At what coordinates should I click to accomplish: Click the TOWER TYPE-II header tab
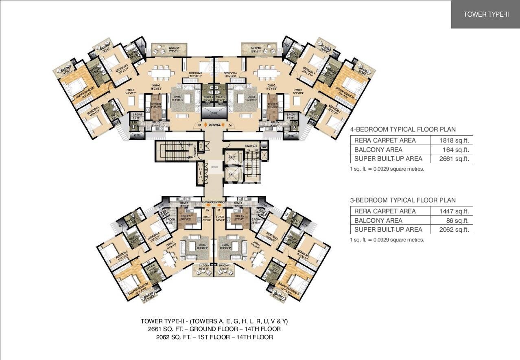[486, 14]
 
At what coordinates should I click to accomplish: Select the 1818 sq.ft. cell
[452, 140]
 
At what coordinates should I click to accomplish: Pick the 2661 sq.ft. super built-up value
[452, 158]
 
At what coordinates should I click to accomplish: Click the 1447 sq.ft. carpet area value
[452, 211]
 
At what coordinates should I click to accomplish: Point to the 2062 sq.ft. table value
[452, 229]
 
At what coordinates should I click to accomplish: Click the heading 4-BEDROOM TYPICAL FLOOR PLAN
[403, 130]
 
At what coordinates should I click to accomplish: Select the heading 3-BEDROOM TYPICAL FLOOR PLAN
[403, 200]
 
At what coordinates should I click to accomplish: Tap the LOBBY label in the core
[214, 167]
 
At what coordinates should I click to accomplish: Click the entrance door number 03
[200, 125]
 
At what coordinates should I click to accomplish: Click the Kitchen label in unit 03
[156, 104]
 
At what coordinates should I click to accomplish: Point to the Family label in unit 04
[298, 90]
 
